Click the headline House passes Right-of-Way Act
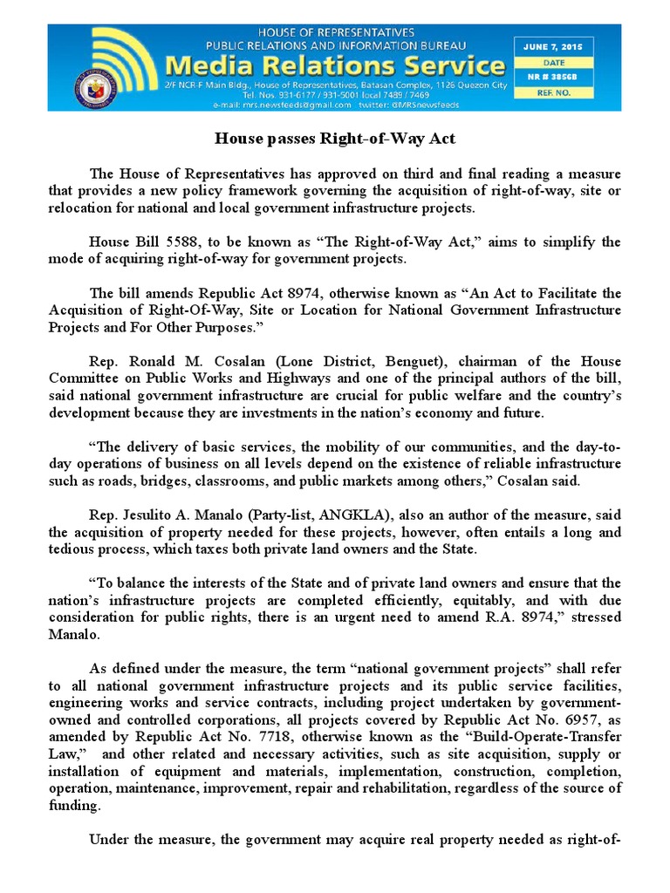(x=334, y=138)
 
